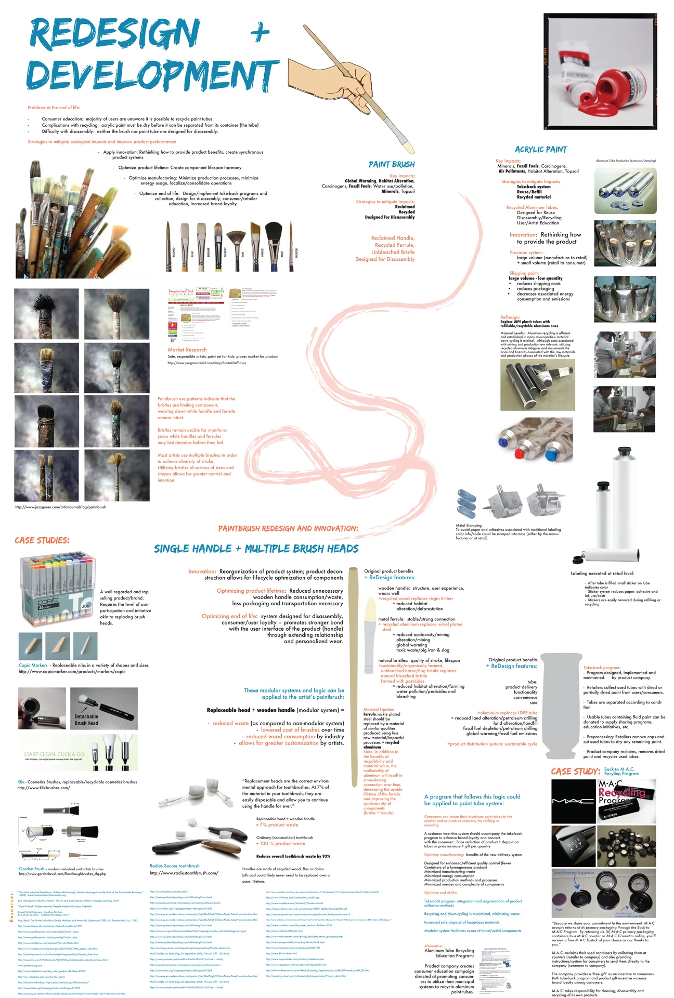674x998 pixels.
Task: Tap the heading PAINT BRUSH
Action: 391,165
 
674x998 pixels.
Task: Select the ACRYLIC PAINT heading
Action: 540,150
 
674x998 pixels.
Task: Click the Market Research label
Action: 187,350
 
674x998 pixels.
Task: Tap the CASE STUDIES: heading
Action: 42,540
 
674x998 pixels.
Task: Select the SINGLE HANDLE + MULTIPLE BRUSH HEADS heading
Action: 256,549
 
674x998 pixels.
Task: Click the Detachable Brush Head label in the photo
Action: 86,720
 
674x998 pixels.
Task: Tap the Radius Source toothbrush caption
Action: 174,866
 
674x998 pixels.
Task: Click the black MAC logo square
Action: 573,801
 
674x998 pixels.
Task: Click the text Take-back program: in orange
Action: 601,668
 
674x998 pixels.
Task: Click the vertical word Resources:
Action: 11,907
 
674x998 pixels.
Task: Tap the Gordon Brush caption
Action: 32,869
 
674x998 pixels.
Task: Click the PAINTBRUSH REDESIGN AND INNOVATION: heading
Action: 288,529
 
